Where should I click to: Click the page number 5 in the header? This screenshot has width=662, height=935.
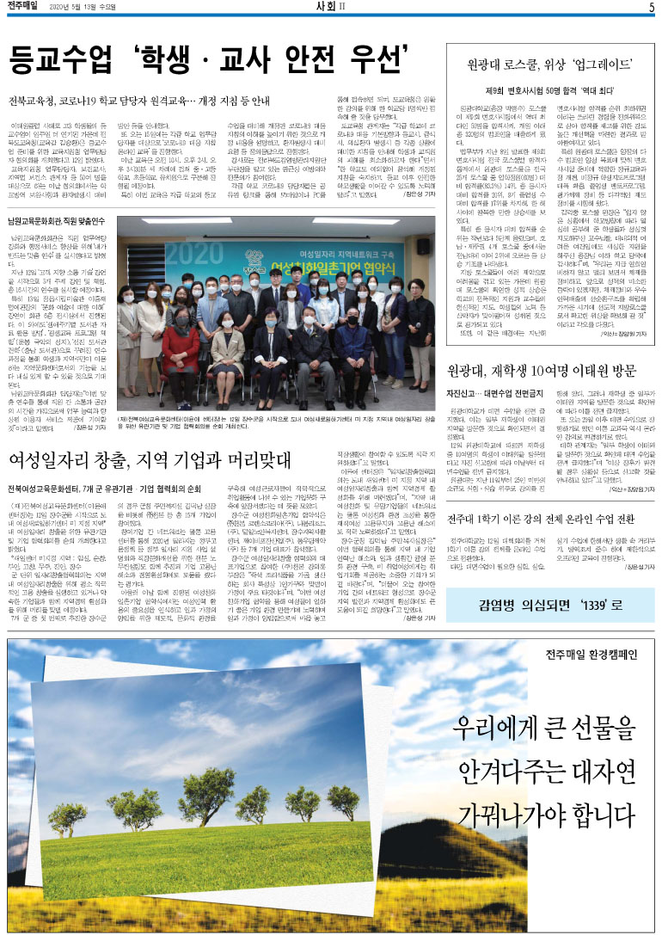pos(652,8)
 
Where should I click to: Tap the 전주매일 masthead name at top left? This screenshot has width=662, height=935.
pos(23,8)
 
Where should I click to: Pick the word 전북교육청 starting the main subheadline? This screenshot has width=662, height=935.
pos(33,100)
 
